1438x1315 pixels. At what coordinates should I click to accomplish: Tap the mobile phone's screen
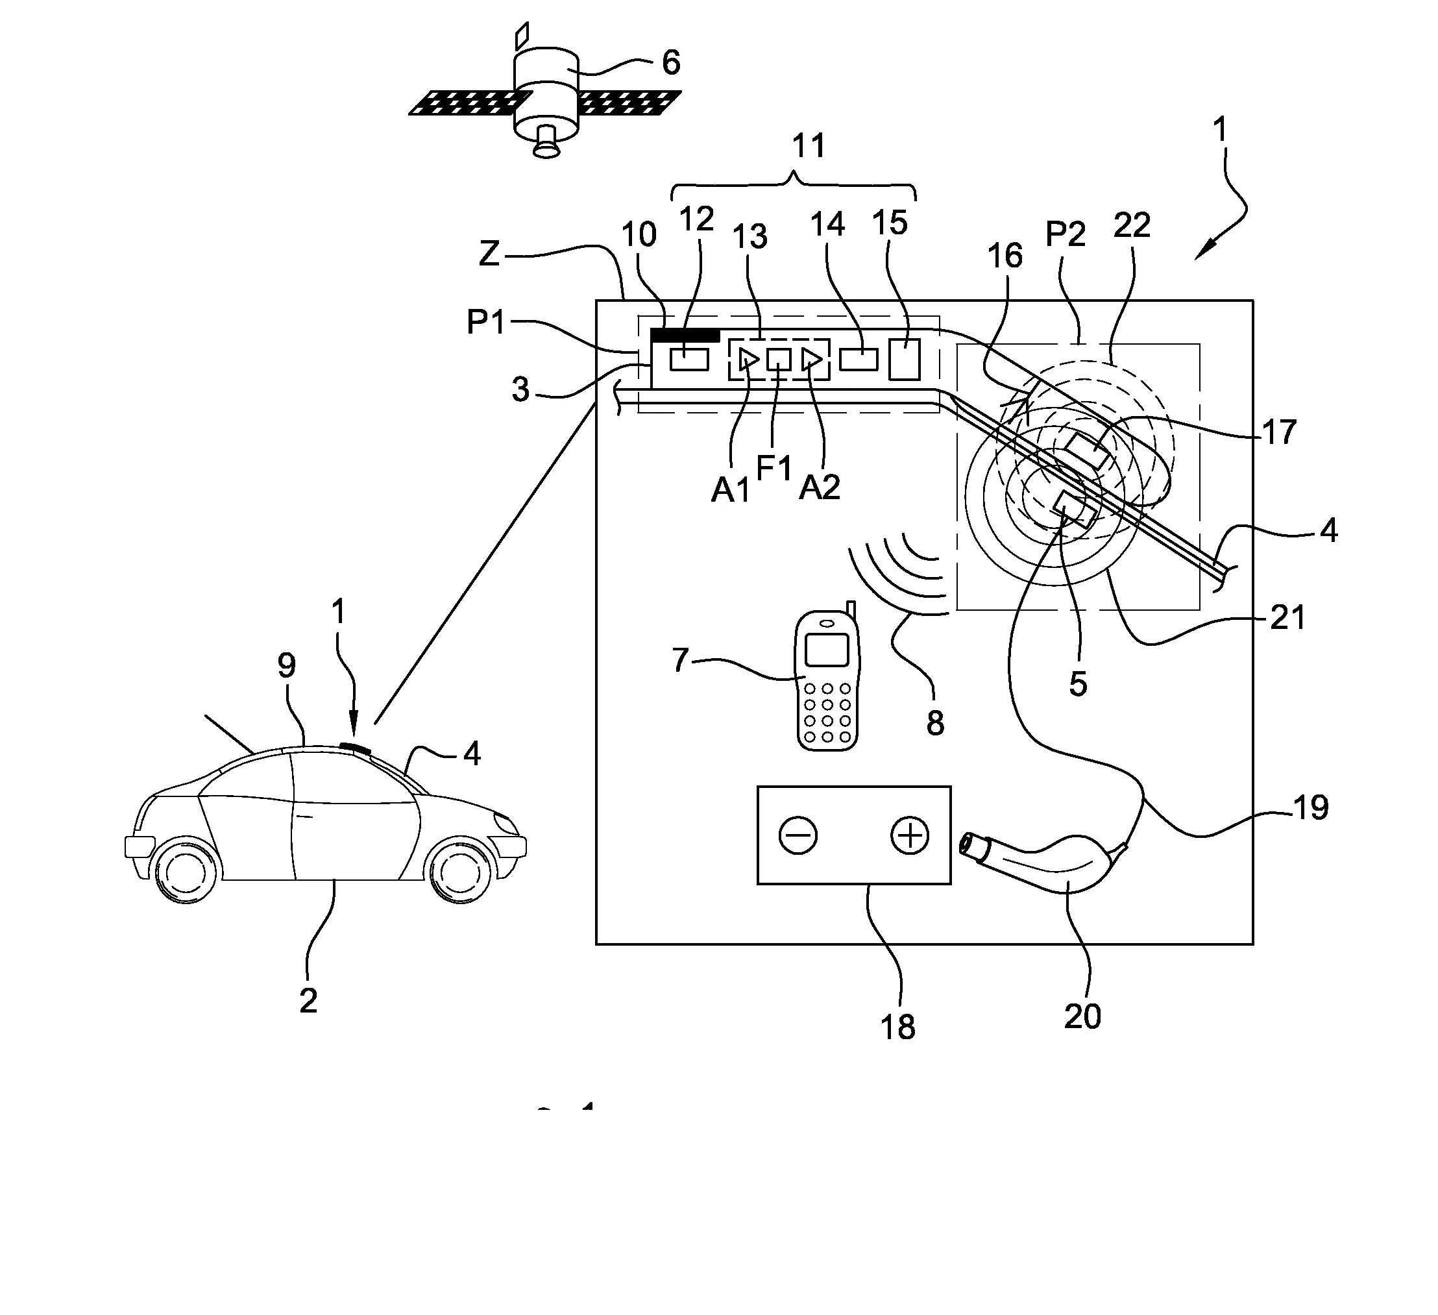[x=826, y=650]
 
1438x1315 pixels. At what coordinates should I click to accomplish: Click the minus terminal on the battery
[x=798, y=836]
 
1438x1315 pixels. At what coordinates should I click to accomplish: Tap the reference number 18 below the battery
[x=897, y=1027]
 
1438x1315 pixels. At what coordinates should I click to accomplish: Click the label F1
[x=774, y=469]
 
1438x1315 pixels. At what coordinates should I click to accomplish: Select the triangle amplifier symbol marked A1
[x=748, y=360]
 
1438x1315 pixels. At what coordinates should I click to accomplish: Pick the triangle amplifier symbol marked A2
[x=810, y=360]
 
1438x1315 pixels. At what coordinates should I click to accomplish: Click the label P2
[x=1065, y=234]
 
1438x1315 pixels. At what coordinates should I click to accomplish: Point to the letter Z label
[x=489, y=253]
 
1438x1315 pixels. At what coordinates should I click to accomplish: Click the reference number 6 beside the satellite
[x=670, y=63]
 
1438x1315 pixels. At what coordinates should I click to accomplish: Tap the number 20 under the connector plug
[x=1082, y=1016]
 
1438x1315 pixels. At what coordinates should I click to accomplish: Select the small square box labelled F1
[x=778, y=360]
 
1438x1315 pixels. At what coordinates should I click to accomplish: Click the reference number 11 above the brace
[x=808, y=145]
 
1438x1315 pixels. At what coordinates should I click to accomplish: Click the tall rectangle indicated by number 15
[x=904, y=360]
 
